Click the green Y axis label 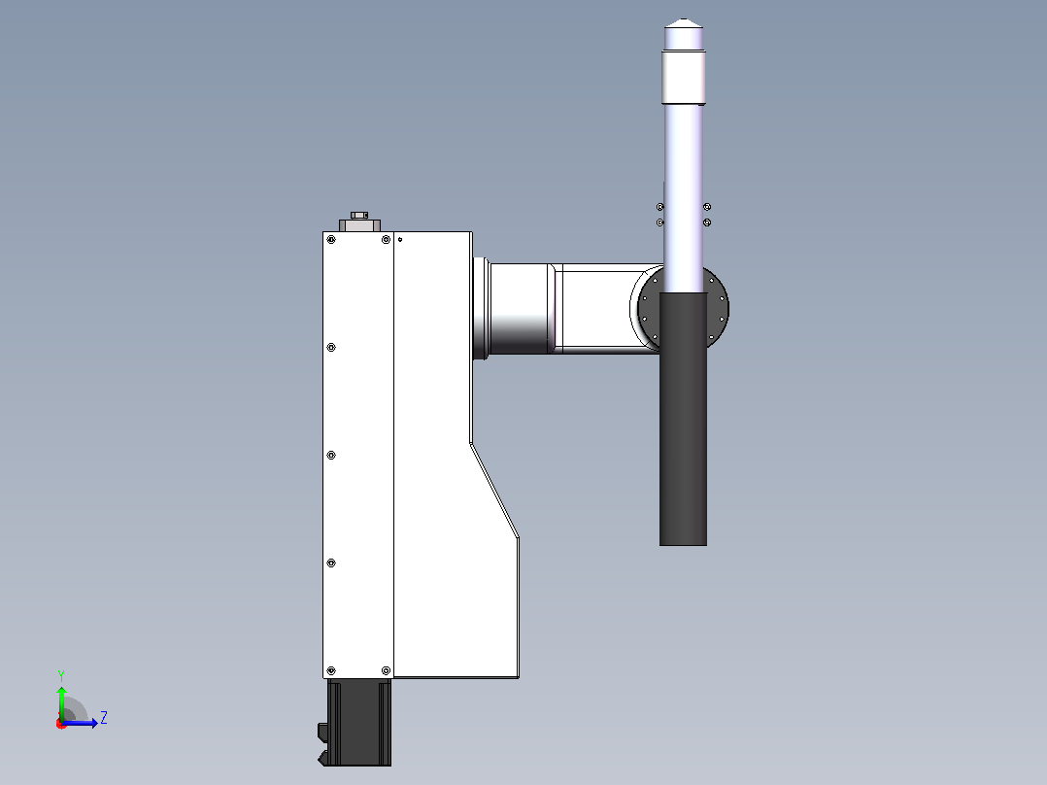pyautogui.click(x=61, y=675)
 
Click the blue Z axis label pyautogui.click(x=104, y=718)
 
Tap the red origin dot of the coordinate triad pyautogui.click(x=61, y=724)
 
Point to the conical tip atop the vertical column pyautogui.click(x=683, y=23)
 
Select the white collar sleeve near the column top pyautogui.click(x=684, y=78)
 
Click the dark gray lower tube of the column pyautogui.click(x=683, y=419)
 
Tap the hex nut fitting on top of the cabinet pyautogui.click(x=359, y=215)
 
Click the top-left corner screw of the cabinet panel pyautogui.click(x=331, y=240)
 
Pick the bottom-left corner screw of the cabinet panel pyautogui.click(x=331, y=670)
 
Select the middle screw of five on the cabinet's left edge pyautogui.click(x=331, y=456)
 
